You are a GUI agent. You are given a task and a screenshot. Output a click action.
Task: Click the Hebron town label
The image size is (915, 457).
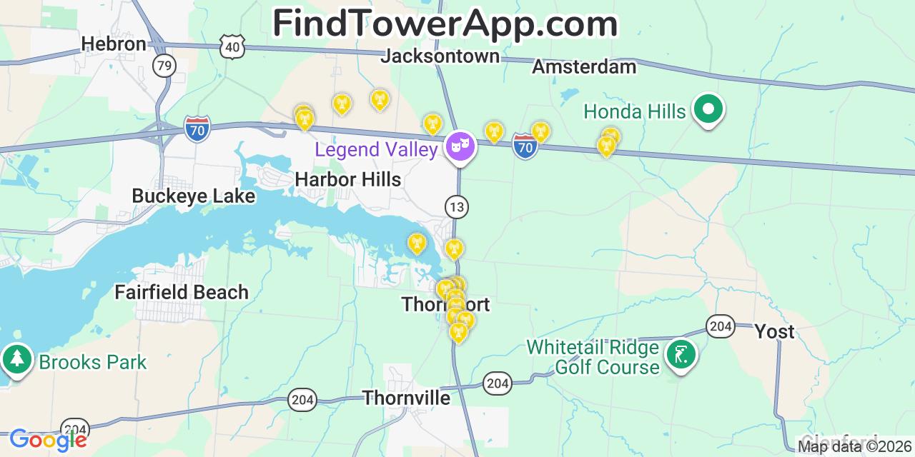coord(114,44)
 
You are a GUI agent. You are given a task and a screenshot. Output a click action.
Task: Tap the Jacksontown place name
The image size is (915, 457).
coord(440,56)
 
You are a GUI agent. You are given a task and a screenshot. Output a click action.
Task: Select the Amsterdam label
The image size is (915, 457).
coord(584,67)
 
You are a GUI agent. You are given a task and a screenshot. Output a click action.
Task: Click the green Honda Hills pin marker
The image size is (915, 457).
coord(708,110)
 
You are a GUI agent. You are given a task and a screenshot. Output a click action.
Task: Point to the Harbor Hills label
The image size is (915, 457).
coord(348,179)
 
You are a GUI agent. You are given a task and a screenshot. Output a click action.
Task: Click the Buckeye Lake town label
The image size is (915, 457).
coord(193,196)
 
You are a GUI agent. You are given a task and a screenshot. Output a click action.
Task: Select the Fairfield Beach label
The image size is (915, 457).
coord(182,292)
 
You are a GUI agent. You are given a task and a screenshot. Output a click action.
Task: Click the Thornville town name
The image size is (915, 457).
coord(406,398)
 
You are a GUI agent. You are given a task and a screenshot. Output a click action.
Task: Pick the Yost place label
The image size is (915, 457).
coord(775,332)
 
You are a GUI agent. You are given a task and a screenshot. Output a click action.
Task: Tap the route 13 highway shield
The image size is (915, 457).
coord(457,207)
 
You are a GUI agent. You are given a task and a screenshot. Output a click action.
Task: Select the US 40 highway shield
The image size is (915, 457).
coord(233,47)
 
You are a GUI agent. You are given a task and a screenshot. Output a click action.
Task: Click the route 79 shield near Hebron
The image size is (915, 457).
coord(164,66)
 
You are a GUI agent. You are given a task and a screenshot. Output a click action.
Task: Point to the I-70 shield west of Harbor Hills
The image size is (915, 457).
coord(197,129)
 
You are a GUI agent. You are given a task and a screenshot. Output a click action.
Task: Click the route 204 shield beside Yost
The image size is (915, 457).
coord(721,326)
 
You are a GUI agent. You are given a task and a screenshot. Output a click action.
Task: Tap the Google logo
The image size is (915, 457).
coord(48,440)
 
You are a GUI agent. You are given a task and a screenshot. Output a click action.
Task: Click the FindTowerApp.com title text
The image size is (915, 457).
coord(445,24)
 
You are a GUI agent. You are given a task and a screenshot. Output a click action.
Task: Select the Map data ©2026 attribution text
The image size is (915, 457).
coord(855,447)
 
